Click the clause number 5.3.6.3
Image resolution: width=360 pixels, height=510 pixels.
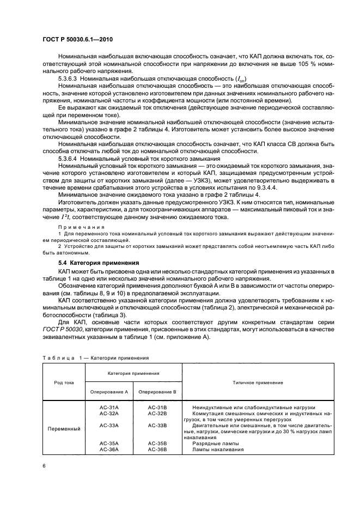[x=69, y=80]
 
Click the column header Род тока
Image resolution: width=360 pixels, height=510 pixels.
[x=64, y=382]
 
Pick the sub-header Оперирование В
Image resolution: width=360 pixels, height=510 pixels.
[x=157, y=392]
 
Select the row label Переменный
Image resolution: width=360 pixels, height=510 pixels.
[x=64, y=429]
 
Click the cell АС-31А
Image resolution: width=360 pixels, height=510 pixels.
[x=109, y=408]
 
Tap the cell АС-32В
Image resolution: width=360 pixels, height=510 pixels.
[x=157, y=414]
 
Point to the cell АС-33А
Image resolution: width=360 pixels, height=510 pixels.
[x=109, y=425]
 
